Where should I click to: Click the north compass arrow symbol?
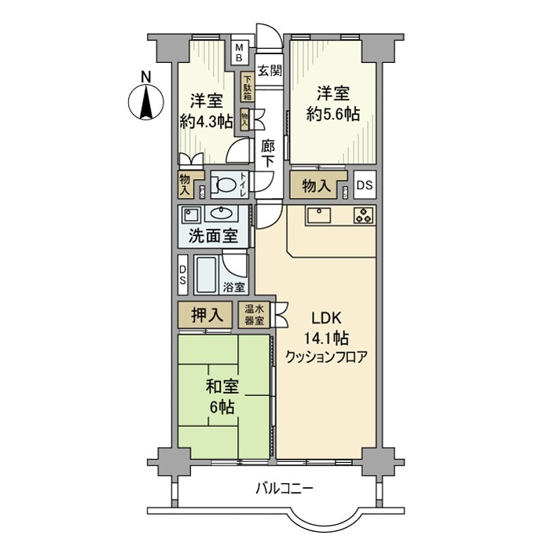[x=145, y=99]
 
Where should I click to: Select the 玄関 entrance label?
[x=269, y=70]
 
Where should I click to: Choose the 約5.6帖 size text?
[x=332, y=114]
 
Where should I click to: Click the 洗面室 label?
[x=214, y=235]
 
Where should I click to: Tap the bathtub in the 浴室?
[x=208, y=275]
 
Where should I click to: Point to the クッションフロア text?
[x=326, y=357]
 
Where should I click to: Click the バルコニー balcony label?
[x=284, y=489]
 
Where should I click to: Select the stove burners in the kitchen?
[x=364, y=215]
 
